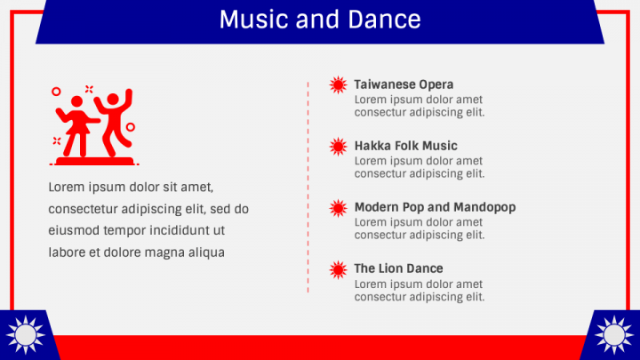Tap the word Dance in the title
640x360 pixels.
point(387,20)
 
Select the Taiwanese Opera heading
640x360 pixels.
point(404,84)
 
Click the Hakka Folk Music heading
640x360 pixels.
point(405,146)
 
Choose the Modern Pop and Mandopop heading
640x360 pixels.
point(435,207)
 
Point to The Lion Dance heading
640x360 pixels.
point(398,268)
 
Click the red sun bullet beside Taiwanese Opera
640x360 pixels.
point(338,85)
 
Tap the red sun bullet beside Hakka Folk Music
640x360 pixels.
point(338,147)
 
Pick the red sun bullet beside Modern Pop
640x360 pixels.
point(338,208)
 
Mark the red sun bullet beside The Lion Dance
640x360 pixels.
point(338,269)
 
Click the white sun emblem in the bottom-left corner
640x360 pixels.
point(24,335)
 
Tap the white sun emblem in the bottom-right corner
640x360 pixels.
point(614,335)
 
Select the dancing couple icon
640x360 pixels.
point(93,125)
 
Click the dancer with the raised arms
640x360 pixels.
point(113,121)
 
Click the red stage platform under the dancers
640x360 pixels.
point(94,161)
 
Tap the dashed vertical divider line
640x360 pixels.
point(308,187)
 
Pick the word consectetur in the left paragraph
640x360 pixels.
point(84,209)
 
